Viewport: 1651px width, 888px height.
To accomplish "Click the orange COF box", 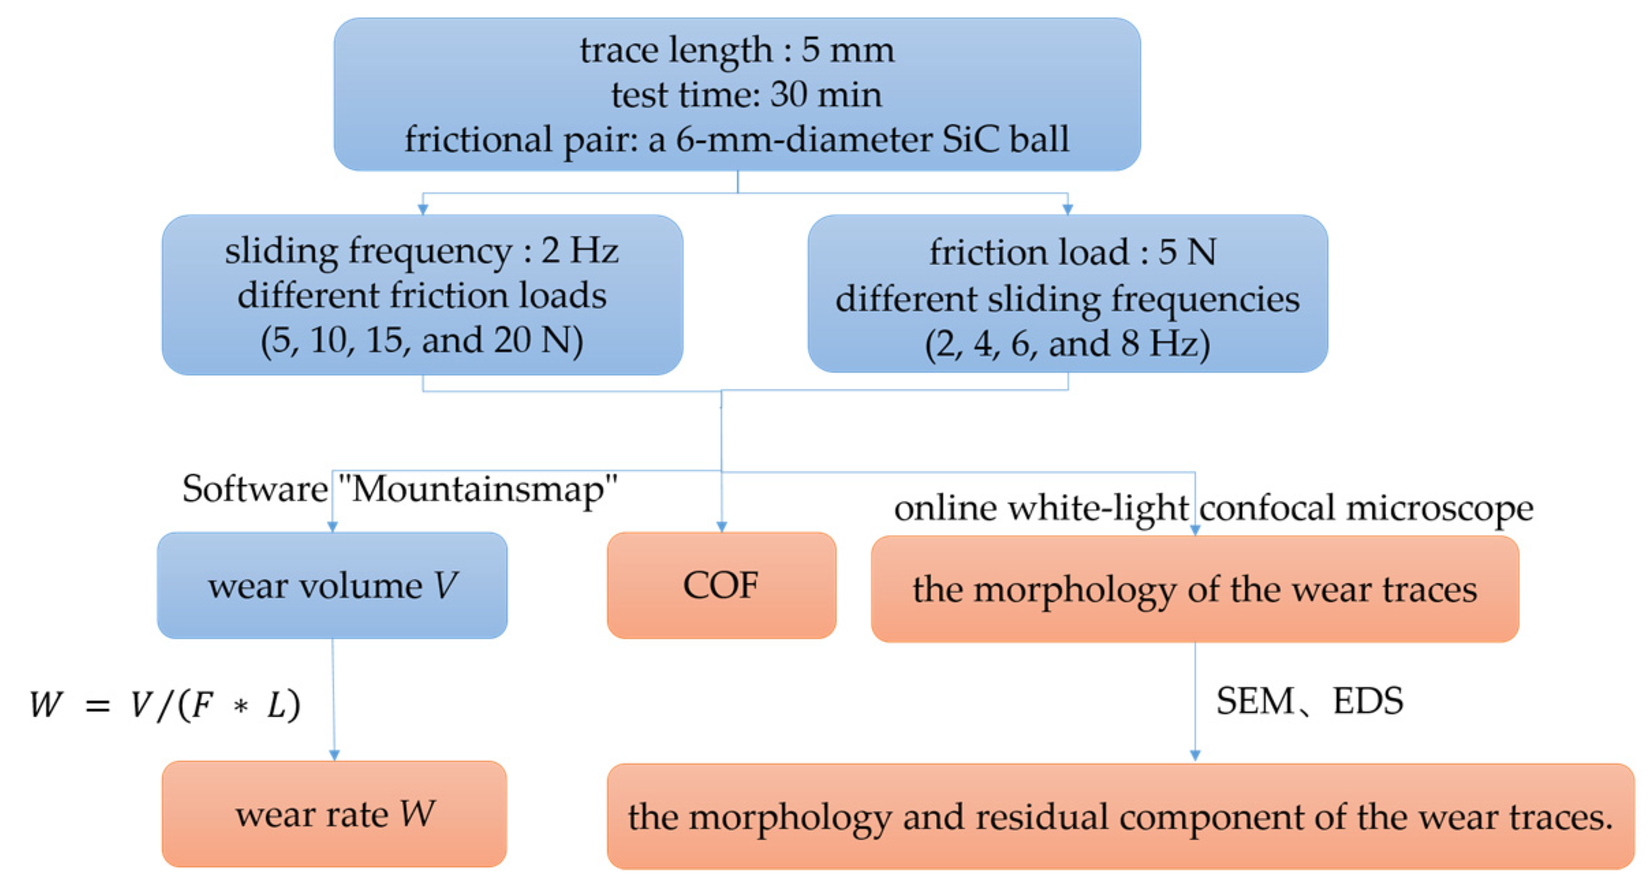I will [x=721, y=585].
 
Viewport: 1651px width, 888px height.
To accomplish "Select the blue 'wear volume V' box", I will [x=332, y=585].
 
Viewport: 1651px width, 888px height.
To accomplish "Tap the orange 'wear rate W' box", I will [x=334, y=814].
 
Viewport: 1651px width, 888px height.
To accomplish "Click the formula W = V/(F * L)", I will [x=165, y=704].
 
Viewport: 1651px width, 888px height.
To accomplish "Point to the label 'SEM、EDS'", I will [x=1309, y=702].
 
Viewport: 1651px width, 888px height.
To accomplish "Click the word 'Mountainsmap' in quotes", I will [x=478, y=489].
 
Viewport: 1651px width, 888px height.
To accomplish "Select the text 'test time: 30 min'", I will [x=746, y=94].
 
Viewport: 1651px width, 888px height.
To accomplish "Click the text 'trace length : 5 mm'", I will [x=737, y=50].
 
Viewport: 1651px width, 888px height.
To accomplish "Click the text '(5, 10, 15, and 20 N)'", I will [x=421, y=340].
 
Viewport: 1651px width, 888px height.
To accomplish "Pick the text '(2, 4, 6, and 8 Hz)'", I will [x=1067, y=343].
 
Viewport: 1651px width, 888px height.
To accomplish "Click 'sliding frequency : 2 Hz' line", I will [x=421, y=251].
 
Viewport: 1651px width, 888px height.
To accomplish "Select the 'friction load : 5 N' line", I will [x=1072, y=252].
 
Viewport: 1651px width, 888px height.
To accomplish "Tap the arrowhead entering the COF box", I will [x=721, y=527].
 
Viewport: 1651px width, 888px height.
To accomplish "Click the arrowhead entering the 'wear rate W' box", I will [x=334, y=755].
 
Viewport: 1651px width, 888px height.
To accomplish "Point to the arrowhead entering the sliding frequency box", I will [x=423, y=209].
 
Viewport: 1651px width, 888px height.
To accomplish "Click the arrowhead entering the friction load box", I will [x=1067, y=209].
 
